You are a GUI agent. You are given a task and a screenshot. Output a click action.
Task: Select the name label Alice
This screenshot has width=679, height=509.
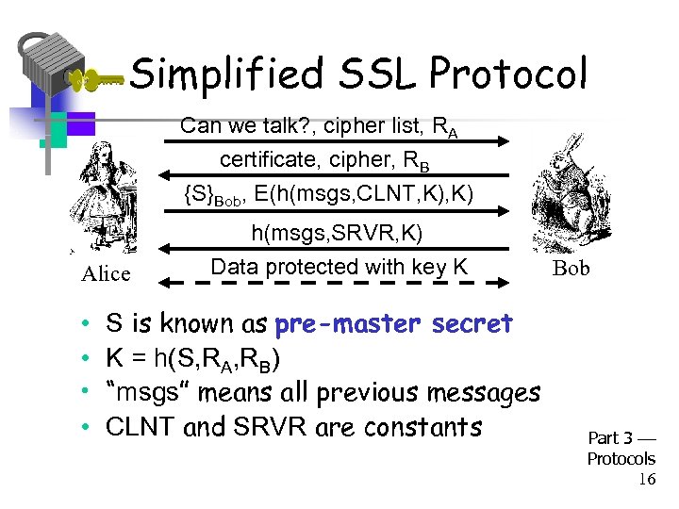106,273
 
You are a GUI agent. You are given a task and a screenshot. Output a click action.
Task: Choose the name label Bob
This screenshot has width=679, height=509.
571,269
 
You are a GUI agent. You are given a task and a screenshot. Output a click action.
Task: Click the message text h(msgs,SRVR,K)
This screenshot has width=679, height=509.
337,233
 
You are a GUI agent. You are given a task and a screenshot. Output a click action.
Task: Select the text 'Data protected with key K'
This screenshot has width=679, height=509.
339,267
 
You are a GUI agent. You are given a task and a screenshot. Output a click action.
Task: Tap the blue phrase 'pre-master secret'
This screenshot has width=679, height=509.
392,324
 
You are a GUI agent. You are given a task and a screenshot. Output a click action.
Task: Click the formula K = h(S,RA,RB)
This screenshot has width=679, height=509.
193,359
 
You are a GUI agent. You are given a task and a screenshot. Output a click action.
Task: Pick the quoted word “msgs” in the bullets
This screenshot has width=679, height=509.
141,393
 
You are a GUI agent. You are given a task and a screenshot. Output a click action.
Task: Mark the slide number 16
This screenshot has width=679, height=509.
646,480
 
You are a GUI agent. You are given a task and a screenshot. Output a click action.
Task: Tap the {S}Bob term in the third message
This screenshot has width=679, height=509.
212,196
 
